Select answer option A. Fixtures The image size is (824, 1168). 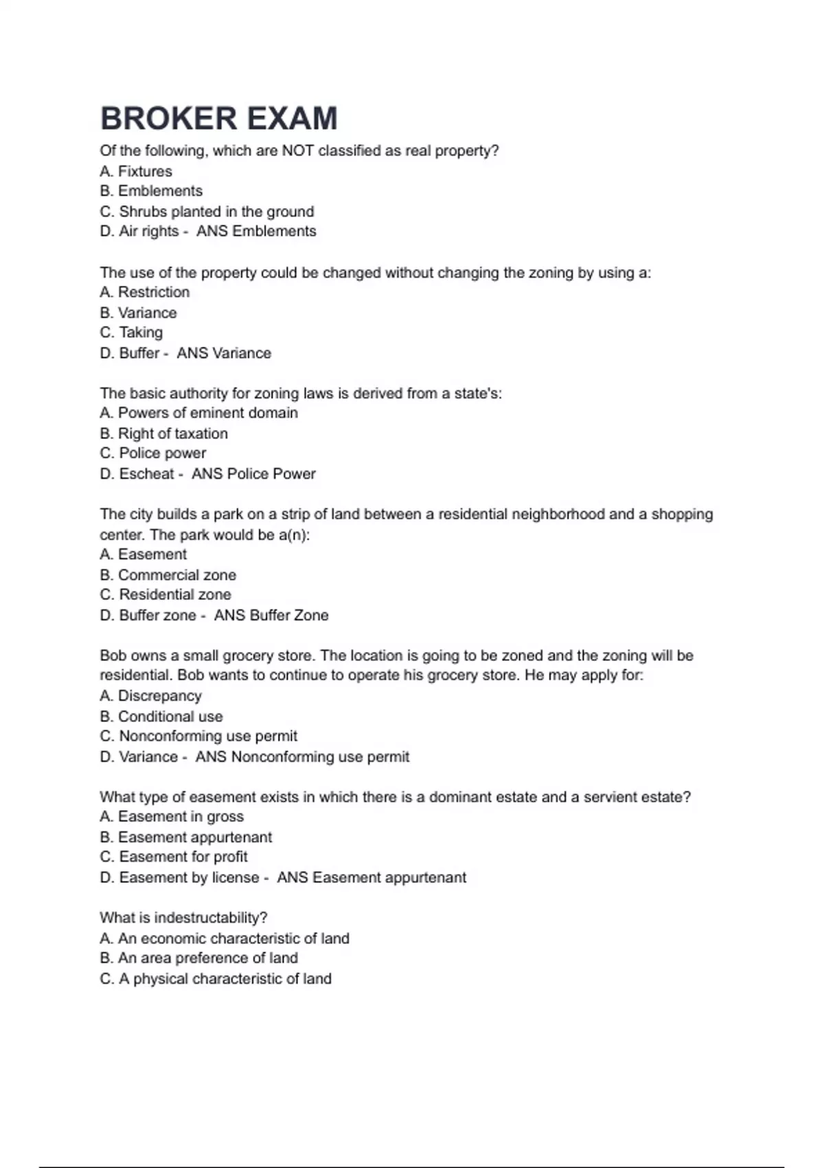(x=136, y=171)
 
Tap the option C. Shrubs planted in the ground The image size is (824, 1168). (x=207, y=212)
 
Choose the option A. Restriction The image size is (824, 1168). (x=144, y=292)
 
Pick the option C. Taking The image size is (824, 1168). (x=131, y=333)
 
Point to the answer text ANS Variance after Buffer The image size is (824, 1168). (x=224, y=353)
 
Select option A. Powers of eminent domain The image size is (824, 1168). (x=198, y=413)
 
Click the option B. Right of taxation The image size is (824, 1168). (x=163, y=434)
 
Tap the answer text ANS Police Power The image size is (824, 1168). (x=253, y=474)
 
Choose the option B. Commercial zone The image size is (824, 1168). (x=168, y=575)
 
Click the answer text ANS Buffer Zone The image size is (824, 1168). (x=271, y=616)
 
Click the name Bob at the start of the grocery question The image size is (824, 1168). (x=113, y=655)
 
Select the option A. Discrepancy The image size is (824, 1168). (x=150, y=696)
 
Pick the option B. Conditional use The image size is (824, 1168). (x=161, y=717)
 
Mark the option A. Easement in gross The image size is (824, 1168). (x=172, y=816)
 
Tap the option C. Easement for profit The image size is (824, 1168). (x=174, y=857)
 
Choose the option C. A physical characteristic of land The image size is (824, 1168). (x=216, y=978)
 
